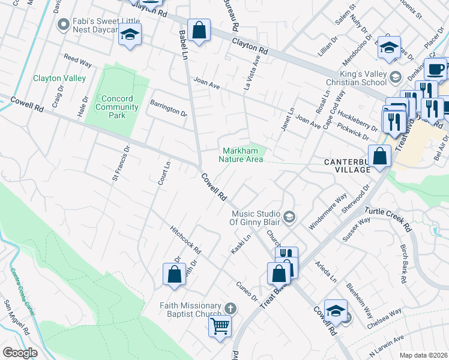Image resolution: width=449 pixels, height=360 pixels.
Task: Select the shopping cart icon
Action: coord(220,326)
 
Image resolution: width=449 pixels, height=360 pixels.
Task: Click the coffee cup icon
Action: coord(436,68)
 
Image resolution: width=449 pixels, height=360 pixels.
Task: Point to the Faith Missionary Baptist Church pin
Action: coord(228,308)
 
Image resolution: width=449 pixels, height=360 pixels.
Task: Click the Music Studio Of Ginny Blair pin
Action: coord(289,217)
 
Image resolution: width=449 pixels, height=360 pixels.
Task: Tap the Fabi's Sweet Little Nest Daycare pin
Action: coord(63,25)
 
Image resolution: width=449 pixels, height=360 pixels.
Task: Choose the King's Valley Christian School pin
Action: coord(395,77)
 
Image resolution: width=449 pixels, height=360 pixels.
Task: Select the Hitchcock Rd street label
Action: coord(185,239)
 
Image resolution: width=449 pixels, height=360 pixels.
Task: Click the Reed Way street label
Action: coord(77,61)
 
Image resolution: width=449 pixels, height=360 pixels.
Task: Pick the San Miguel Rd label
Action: coord(18,317)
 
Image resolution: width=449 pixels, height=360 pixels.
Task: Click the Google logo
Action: coord(20,353)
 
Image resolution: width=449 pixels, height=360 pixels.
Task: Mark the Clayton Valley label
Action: coord(59,78)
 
